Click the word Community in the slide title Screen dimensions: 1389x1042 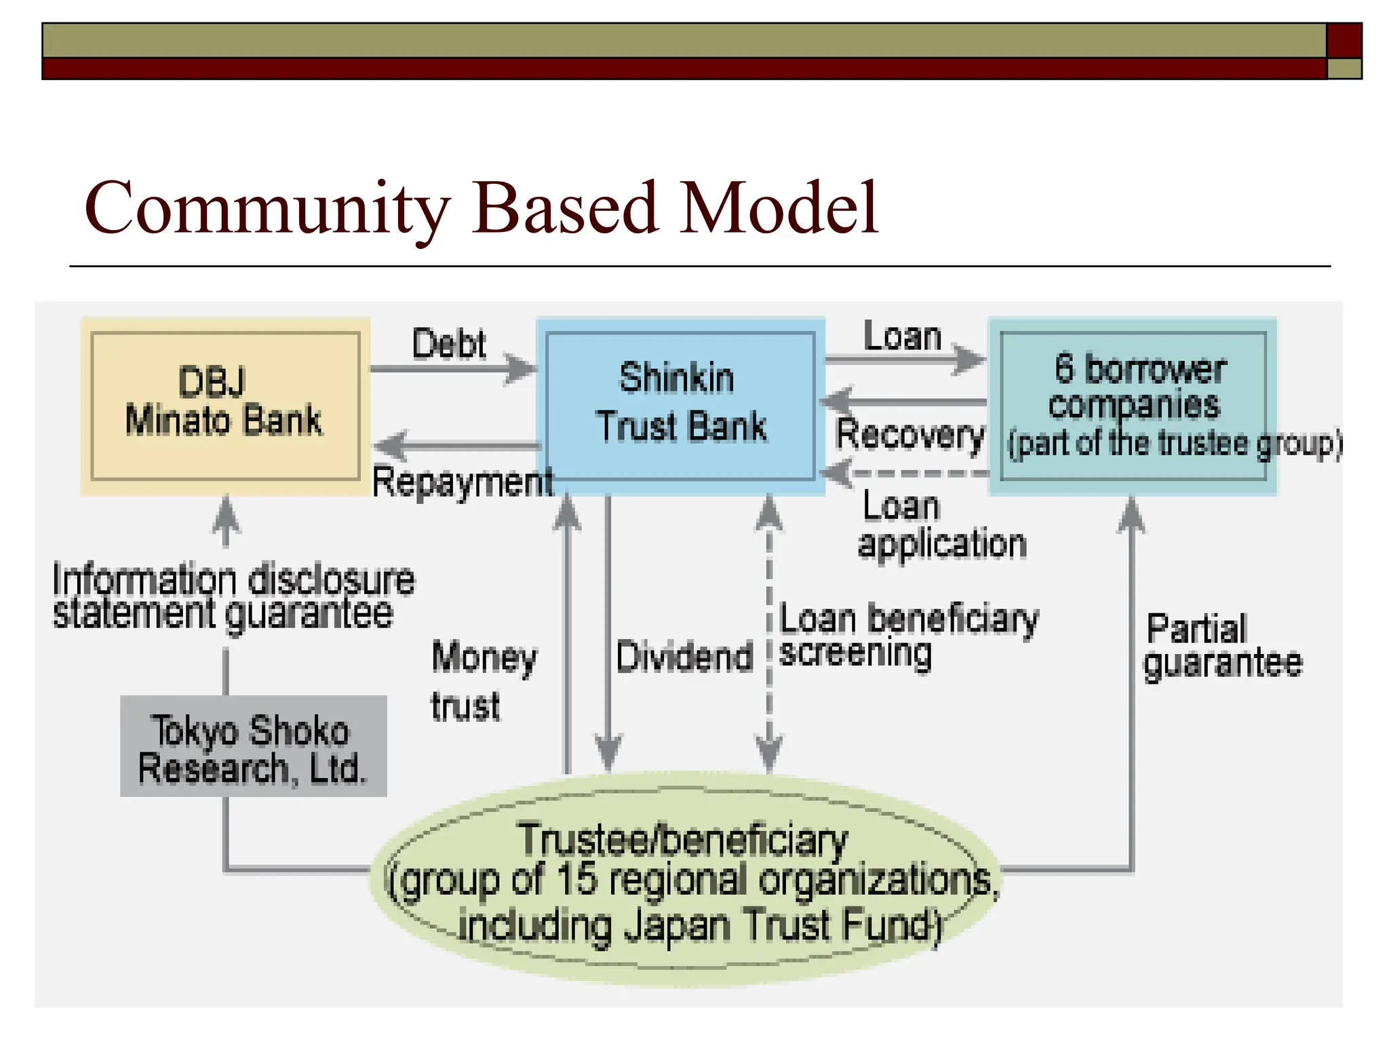coord(267,209)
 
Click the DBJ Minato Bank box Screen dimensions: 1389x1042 coord(224,406)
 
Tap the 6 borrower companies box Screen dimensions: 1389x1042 coord(1133,406)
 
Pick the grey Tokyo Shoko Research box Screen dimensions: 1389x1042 coord(253,746)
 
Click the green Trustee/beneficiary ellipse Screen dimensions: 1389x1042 coord(685,882)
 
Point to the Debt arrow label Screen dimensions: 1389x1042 coord(449,344)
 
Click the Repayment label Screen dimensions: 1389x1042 coord(463,483)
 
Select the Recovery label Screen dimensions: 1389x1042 coord(909,434)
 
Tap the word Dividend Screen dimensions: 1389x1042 coord(684,657)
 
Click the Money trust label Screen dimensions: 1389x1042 coord(483,681)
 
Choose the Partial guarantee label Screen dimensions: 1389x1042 coord(1221,646)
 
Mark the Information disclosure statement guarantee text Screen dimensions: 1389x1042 coord(233,596)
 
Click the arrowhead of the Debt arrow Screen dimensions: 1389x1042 coord(522,369)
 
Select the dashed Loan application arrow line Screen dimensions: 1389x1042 coord(916,473)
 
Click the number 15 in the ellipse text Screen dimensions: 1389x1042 coord(576,879)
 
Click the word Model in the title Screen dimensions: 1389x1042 coord(779,209)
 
